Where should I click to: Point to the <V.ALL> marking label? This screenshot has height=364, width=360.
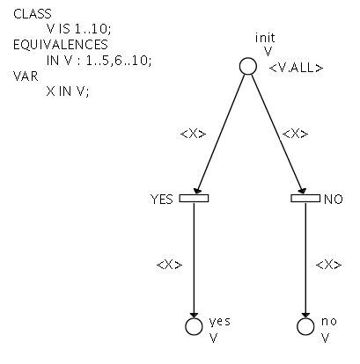coord(296,69)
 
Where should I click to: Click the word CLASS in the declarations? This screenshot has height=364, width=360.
coord(33,14)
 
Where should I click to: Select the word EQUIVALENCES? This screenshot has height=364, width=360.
coord(61,45)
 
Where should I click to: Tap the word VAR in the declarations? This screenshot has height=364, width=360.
coord(26,76)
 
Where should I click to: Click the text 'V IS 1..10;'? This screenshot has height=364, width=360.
coord(79,29)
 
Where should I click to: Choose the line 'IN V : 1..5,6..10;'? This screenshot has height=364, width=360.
coord(99,61)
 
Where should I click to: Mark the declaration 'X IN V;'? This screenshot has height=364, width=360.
coord(68,91)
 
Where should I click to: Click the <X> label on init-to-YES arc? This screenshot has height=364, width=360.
coord(193,134)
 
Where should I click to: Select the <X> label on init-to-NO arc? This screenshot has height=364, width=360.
coord(295,134)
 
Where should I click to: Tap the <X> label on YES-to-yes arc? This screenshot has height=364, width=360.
coord(170,265)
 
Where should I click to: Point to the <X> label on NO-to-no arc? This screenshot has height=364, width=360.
coord(328,265)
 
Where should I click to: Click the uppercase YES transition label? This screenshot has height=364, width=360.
coord(162,200)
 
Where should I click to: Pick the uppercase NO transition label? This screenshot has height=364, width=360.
coord(334,200)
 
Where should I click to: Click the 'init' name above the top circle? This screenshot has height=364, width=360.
coord(265,38)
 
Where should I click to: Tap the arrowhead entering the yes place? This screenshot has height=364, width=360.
coord(194,314)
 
